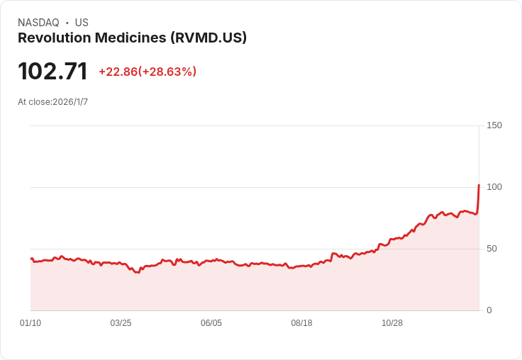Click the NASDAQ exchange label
click(x=38, y=23)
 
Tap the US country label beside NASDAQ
click(x=82, y=23)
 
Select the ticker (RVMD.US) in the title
click(x=209, y=38)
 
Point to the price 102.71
click(x=52, y=71)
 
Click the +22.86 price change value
click(x=118, y=72)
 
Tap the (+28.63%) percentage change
click(x=167, y=72)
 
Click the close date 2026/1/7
click(x=70, y=102)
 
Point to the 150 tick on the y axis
click(x=494, y=125)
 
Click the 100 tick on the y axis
click(x=494, y=187)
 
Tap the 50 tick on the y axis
click(x=492, y=249)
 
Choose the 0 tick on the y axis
click(x=489, y=310)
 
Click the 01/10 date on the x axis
click(x=30, y=323)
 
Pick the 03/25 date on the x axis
click(x=121, y=323)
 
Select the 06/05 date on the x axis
click(x=211, y=323)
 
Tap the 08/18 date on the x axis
click(x=301, y=323)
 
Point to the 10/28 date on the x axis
click(x=392, y=323)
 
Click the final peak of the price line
click(x=479, y=186)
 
